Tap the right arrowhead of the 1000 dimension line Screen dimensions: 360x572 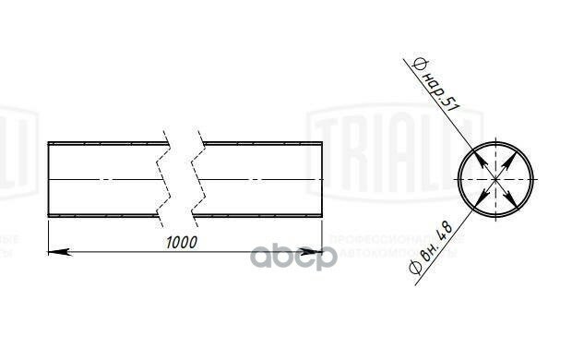coord(316,251)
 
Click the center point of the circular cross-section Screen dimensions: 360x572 coord(495,178)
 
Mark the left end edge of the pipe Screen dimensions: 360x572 coord(48,179)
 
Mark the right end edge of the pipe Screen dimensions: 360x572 coord(322,179)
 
